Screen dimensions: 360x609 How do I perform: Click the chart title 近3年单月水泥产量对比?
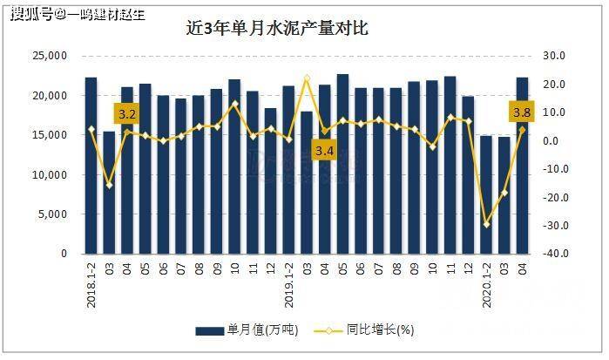(278, 28)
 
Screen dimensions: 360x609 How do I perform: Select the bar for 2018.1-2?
(91, 166)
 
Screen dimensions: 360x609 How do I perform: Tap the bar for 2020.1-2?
(486, 194)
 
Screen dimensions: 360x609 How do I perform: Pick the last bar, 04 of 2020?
(523, 166)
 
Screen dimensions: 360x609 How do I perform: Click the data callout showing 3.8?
(522, 112)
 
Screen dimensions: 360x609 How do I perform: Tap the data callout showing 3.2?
(127, 114)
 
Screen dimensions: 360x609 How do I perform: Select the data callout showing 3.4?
(324, 151)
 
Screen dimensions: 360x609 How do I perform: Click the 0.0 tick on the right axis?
(554, 140)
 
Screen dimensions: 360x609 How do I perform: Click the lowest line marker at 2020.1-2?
(486, 225)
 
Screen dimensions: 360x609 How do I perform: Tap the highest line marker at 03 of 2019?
(307, 78)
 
